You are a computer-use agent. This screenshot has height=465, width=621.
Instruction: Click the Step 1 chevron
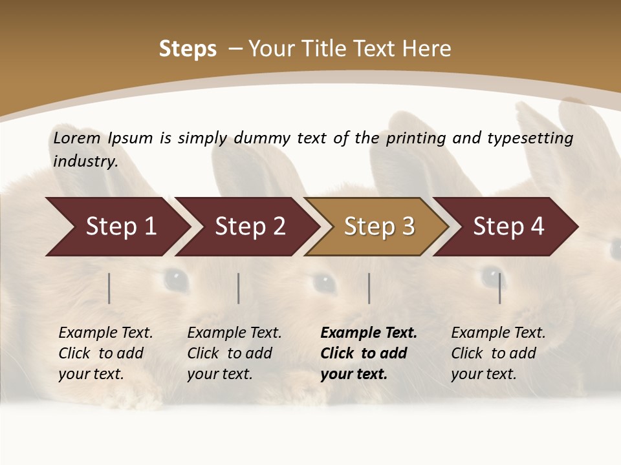tap(120, 227)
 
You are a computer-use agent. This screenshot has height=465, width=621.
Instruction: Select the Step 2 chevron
tap(249, 227)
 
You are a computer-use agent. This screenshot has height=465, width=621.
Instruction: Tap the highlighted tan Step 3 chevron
tap(378, 227)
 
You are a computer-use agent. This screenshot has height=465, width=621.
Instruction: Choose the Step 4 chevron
tap(508, 227)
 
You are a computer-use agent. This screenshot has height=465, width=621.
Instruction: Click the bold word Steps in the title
tap(188, 49)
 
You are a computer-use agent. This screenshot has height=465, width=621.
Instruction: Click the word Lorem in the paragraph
tap(77, 138)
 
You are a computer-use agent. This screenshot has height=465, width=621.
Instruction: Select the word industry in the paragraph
tap(85, 161)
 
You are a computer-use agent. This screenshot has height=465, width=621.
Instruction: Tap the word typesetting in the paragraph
tap(530, 138)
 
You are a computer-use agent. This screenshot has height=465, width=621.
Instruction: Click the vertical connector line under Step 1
tap(109, 288)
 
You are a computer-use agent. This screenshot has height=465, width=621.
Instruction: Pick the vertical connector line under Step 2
tap(239, 288)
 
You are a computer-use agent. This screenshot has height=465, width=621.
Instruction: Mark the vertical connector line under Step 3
tap(369, 288)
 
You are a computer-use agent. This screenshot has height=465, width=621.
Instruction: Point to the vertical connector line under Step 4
tap(499, 288)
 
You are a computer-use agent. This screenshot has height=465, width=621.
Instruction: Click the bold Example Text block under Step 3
tap(369, 353)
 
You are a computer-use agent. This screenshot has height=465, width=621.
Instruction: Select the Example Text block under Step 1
tap(105, 353)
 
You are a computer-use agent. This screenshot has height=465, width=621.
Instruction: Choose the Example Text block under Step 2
tap(234, 353)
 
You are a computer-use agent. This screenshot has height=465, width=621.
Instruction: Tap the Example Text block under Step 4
tap(498, 353)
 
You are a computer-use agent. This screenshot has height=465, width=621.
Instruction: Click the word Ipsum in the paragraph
tap(130, 138)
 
